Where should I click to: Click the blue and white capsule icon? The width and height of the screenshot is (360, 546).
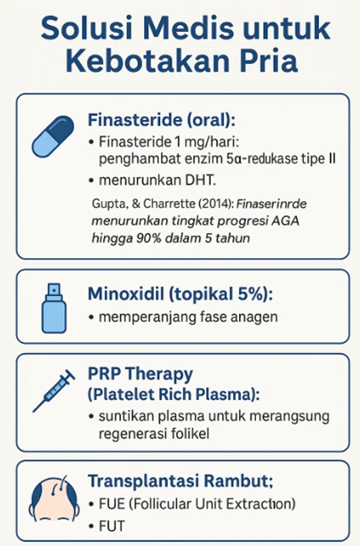click(x=53, y=136)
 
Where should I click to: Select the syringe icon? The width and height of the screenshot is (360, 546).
click(x=53, y=392)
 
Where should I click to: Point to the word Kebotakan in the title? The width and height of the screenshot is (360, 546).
click(x=142, y=65)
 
